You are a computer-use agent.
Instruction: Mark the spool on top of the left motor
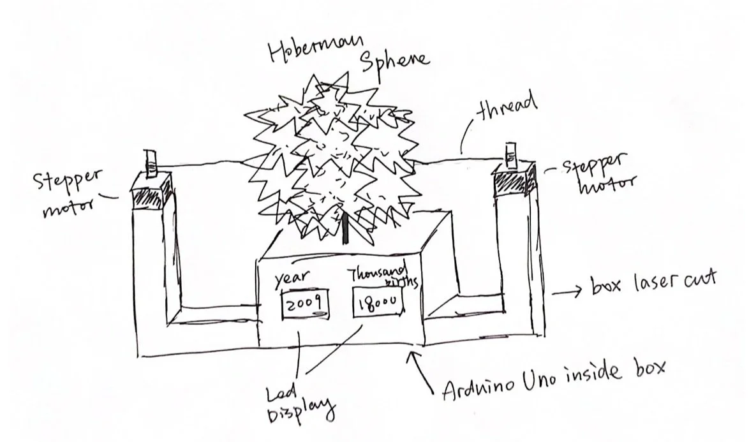click(151, 163)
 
